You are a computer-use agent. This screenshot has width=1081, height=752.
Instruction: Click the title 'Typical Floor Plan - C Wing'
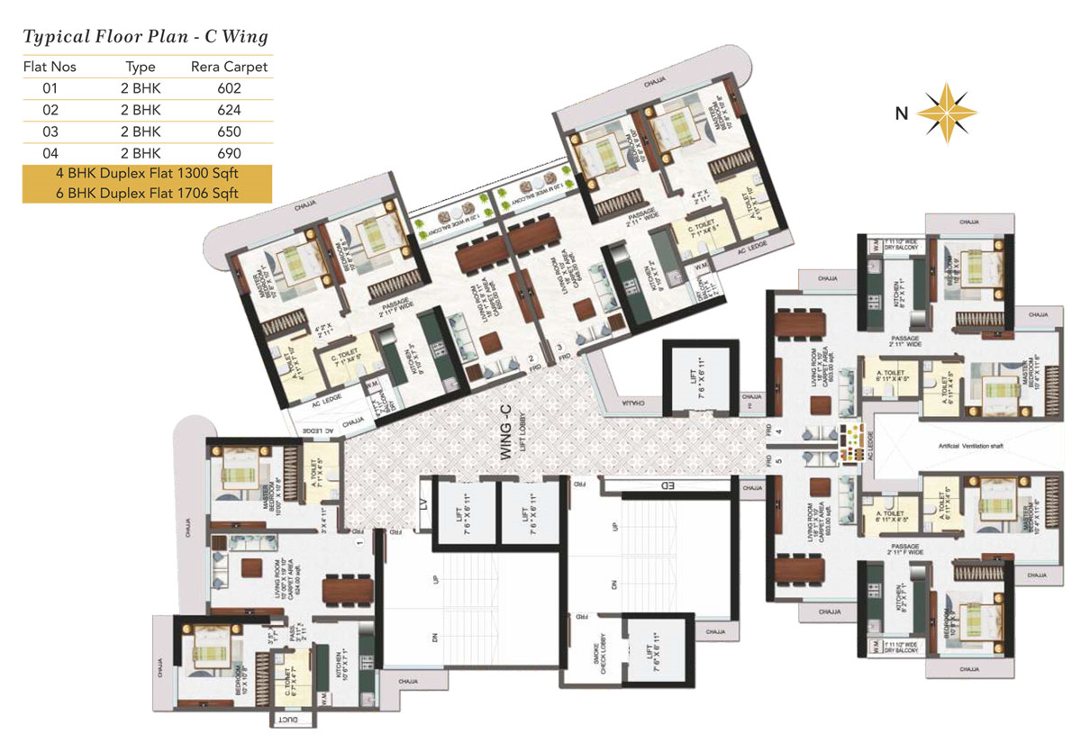(x=145, y=37)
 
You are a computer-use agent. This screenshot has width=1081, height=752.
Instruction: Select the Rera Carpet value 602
(x=229, y=88)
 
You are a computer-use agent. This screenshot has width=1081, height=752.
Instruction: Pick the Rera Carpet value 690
(x=229, y=152)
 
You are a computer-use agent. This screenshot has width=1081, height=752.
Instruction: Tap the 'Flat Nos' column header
(x=50, y=67)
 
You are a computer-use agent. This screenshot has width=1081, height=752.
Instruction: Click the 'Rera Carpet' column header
(x=229, y=67)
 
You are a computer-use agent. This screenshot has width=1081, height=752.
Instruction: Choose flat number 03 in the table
(x=50, y=131)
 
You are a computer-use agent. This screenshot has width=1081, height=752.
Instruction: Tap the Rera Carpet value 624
(x=229, y=110)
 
